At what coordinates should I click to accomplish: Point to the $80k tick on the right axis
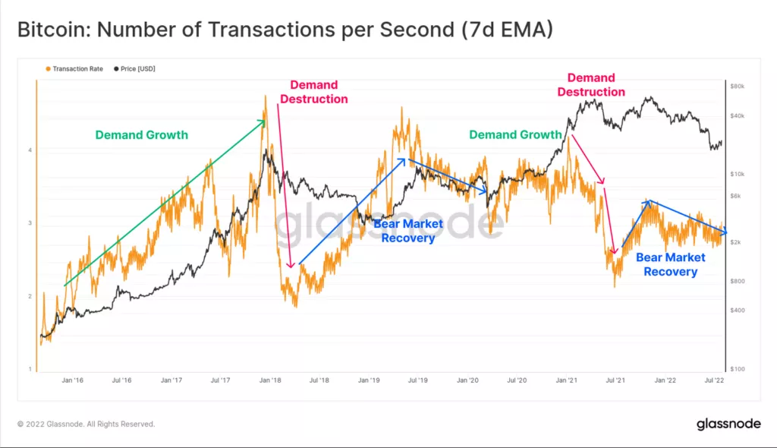tap(738, 87)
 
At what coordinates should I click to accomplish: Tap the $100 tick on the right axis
tap(737, 369)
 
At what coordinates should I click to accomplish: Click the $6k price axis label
tap(736, 196)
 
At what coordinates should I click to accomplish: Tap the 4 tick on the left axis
tap(30, 150)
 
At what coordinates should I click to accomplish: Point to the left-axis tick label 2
tap(30, 297)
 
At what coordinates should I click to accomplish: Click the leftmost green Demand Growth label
tap(141, 135)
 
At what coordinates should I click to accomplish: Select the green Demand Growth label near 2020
tap(515, 134)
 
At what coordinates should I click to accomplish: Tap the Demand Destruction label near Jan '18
tap(313, 92)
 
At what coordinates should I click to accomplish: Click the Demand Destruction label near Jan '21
tap(591, 85)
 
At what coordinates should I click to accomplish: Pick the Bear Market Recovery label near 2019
tap(407, 231)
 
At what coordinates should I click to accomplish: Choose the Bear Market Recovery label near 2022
tap(670, 264)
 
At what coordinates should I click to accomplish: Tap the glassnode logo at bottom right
tap(728, 424)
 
